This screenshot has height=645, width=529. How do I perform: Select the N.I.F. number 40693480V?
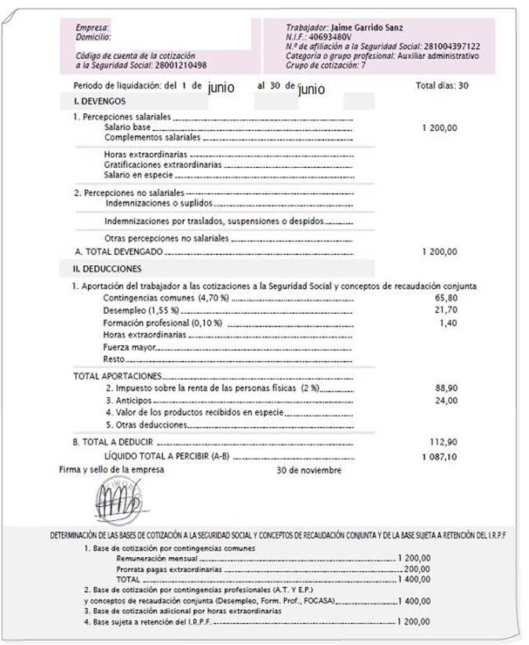click(x=330, y=37)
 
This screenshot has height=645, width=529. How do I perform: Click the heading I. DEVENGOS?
click(x=100, y=101)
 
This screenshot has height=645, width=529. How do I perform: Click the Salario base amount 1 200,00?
click(x=439, y=127)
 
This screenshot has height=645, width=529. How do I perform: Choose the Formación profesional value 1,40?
click(x=447, y=322)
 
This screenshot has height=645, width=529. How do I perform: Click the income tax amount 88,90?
click(x=445, y=388)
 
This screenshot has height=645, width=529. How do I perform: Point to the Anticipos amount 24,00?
click(x=445, y=400)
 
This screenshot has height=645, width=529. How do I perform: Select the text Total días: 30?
click(x=442, y=86)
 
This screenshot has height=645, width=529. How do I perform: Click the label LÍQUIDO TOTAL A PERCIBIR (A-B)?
click(x=166, y=456)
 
